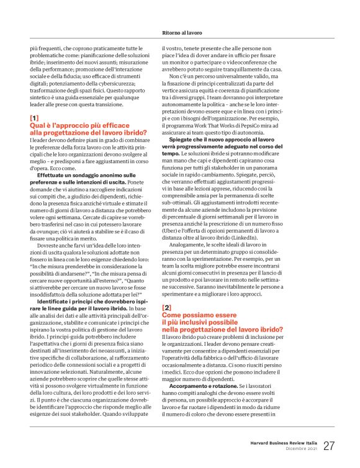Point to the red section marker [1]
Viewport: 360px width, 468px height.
point(34,117)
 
